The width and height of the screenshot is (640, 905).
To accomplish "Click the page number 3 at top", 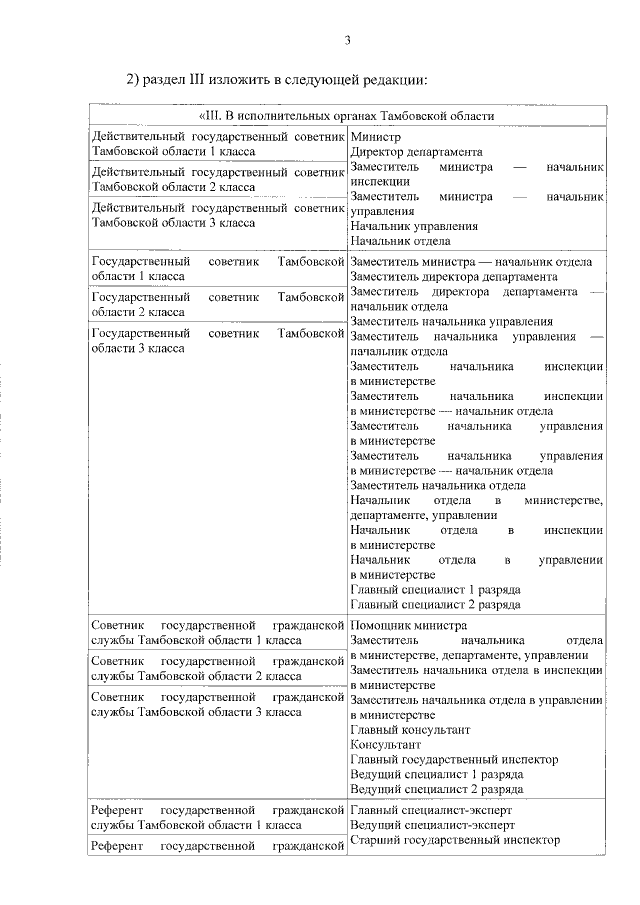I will coord(347,40).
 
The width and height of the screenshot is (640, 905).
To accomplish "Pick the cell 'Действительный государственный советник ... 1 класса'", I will coord(217,143).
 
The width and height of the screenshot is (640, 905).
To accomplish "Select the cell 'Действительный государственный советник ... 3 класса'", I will coord(217,215).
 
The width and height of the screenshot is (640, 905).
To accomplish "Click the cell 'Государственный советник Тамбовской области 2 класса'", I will coord(217,304).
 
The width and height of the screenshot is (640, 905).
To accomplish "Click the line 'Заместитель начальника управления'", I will coord(452,321).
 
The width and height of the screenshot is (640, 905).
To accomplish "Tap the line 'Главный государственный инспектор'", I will coord(454,760).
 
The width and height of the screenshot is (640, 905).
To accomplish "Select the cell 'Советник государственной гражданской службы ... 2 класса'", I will coord(217,668).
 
